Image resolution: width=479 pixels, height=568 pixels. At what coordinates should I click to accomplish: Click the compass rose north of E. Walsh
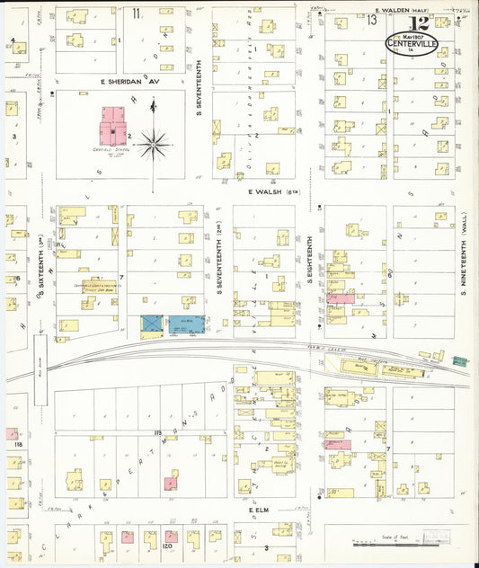154,141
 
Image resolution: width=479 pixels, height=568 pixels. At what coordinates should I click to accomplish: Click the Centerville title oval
412,43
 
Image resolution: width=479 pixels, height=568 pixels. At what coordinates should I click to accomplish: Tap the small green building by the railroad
460,360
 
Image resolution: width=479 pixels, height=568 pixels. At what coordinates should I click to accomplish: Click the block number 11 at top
136,13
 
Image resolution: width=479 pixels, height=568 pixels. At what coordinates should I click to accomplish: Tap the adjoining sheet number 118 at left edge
15,444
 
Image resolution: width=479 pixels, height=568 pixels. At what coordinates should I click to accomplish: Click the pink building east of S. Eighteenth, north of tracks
341,297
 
